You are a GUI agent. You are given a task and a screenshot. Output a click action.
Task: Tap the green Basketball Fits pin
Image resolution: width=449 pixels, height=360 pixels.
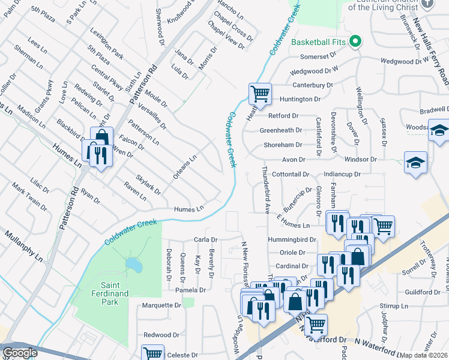(x=355, y=42)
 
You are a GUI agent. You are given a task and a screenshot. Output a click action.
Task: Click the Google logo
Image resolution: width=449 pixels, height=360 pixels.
(x=20, y=353)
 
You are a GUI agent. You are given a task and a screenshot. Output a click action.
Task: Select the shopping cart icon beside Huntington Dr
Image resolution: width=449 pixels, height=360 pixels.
(x=259, y=94)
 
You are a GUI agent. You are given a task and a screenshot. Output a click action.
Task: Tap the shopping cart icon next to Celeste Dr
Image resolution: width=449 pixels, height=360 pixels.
(x=152, y=354)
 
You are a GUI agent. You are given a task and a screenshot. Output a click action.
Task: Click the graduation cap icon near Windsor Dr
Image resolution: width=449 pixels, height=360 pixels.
(x=415, y=162)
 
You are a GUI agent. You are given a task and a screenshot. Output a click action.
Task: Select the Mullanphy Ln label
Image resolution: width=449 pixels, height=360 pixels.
(x=22, y=244)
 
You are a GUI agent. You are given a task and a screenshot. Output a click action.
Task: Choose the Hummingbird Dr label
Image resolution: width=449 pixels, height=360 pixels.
(x=292, y=239)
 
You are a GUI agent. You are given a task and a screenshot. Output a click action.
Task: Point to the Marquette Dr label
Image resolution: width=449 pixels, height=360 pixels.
(x=161, y=305)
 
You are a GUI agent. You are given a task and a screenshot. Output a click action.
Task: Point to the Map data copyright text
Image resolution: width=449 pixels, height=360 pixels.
(x=424, y=355)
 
